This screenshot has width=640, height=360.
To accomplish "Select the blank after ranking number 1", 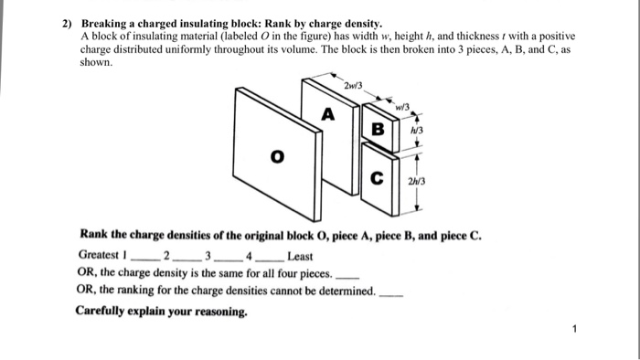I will (x=143, y=259).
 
